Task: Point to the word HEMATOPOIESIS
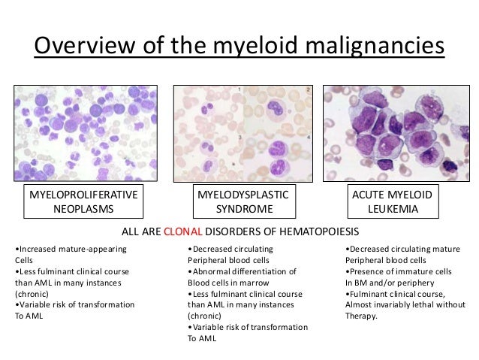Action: (318, 231)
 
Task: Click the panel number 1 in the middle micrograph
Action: (239, 90)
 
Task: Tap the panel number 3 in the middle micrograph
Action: (239, 138)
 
